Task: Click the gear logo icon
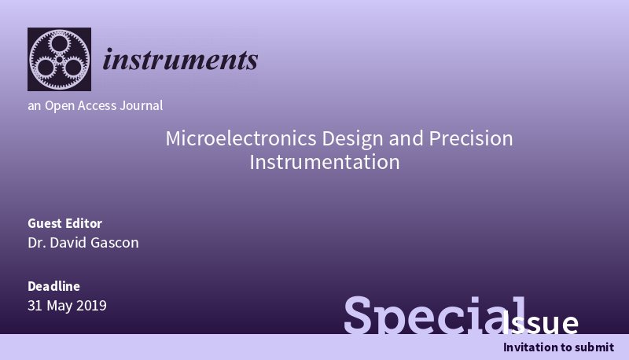tap(59, 60)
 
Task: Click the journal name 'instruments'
tap(181, 60)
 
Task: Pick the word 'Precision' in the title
tap(470, 139)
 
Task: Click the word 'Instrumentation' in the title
tap(325, 163)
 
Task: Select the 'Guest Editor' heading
tap(64, 223)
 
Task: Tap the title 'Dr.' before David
tap(36, 243)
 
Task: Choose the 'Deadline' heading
tap(53, 286)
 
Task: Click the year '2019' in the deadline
tap(91, 306)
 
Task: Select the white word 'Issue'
tap(542, 323)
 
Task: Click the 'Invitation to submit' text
tap(558, 347)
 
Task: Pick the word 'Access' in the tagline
tap(98, 105)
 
